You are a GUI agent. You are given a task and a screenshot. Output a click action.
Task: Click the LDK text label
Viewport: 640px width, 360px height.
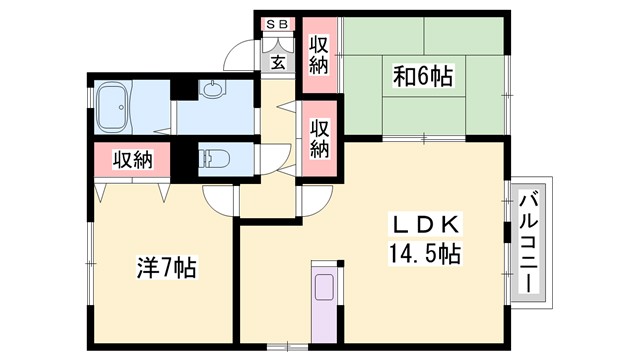(421, 223)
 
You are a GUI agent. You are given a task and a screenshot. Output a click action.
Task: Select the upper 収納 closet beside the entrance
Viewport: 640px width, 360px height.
(320, 55)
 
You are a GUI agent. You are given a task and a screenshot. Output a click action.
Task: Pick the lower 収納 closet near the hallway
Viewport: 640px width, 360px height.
(320, 138)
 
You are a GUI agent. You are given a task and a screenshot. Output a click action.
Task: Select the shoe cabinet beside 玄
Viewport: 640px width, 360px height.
(275, 44)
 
